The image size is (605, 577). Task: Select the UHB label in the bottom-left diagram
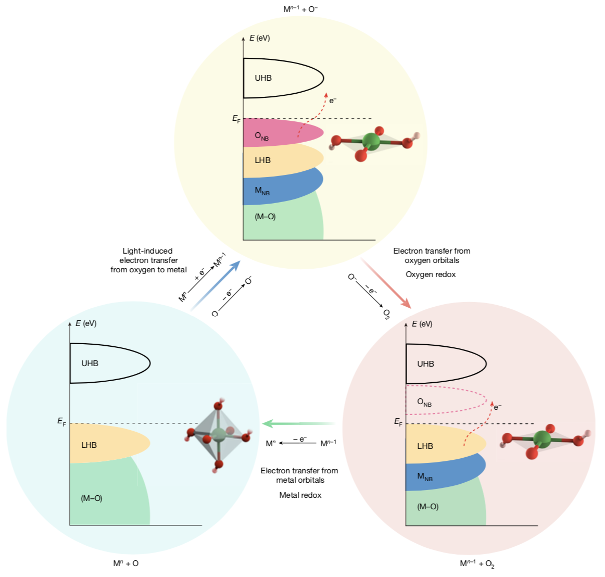pyautogui.click(x=90, y=363)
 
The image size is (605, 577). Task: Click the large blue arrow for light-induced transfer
pyautogui.click(x=216, y=284)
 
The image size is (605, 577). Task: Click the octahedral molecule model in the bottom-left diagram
pyautogui.click(x=218, y=434)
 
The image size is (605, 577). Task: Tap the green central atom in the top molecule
pyautogui.click(x=371, y=141)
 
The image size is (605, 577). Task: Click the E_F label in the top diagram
pyautogui.click(x=236, y=119)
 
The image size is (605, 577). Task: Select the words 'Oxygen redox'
pyautogui.click(x=431, y=274)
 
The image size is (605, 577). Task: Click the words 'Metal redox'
pyautogui.click(x=300, y=495)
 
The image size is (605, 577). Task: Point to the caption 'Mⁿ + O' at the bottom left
pyautogui.click(x=126, y=563)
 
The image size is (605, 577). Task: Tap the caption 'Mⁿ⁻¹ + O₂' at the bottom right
pyautogui.click(x=477, y=563)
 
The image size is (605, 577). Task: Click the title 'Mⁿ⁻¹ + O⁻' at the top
pyautogui.click(x=300, y=9)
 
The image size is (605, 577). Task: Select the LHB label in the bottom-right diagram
pyautogui.click(x=425, y=446)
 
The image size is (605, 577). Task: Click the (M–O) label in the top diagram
pyautogui.click(x=265, y=217)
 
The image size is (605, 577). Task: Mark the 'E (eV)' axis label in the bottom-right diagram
pyautogui.click(x=422, y=324)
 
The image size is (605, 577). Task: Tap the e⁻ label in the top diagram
pyautogui.click(x=333, y=100)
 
